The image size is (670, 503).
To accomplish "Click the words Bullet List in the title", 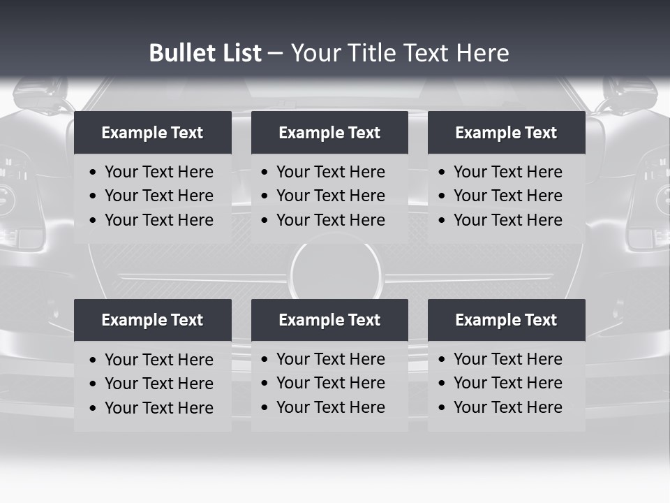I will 205,53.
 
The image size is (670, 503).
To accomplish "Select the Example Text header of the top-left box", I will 152,133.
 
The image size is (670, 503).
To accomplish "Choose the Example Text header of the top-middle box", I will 329,133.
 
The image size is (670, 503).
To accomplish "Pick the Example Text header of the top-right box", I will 506,133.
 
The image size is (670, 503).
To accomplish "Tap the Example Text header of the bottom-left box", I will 152,320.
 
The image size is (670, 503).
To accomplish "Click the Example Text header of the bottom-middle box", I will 329,320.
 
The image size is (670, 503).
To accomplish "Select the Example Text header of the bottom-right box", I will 506,320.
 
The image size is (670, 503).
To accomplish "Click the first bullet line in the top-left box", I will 158,172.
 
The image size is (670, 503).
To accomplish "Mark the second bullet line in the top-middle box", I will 330,196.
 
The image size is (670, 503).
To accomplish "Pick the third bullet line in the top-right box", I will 507,220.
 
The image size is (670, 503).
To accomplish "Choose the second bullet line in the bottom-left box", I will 158,384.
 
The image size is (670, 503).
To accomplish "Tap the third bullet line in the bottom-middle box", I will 330,407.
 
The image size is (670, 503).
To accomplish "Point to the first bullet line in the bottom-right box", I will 507,359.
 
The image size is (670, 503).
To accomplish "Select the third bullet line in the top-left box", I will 158,220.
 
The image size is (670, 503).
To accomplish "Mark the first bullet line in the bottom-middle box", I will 330,359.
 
